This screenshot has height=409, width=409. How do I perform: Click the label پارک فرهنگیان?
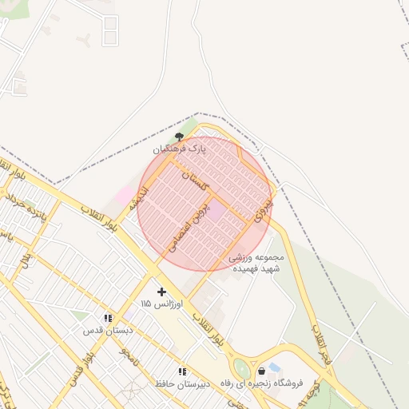pyautogui.click(x=180, y=149)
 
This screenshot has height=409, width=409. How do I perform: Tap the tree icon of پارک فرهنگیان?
pyautogui.click(x=178, y=137)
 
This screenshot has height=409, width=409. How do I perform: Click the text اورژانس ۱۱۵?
pyautogui.click(x=161, y=304)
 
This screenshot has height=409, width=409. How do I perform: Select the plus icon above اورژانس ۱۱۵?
pyautogui.click(x=161, y=292)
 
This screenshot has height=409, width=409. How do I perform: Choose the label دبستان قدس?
pyautogui.click(x=108, y=329)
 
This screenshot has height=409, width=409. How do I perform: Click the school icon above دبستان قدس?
pyautogui.click(x=108, y=317)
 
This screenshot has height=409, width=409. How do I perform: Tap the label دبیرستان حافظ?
pyautogui.click(x=182, y=383)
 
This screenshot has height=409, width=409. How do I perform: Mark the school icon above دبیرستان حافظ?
pyautogui.click(x=182, y=371)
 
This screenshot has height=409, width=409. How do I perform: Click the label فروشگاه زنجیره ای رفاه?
pyautogui.click(x=263, y=383)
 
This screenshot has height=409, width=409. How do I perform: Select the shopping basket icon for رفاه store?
pyautogui.click(x=262, y=371)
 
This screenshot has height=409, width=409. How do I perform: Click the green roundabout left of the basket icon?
pyautogui.click(x=241, y=369)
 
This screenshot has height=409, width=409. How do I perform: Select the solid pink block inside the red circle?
pyautogui.click(x=216, y=212)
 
